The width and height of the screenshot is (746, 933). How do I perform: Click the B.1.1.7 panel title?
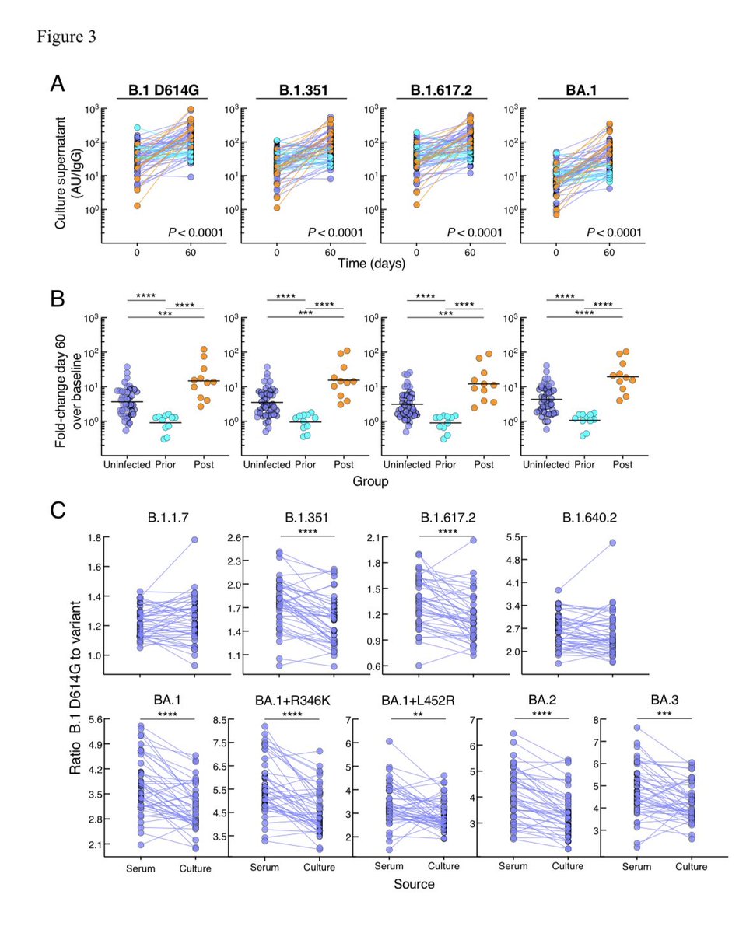(163, 517)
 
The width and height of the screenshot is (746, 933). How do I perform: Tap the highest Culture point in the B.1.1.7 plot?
(195, 540)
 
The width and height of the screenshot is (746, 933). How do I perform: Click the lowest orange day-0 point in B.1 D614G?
(137, 206)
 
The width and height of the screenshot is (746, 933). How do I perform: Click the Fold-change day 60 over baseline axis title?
(67, 370)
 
